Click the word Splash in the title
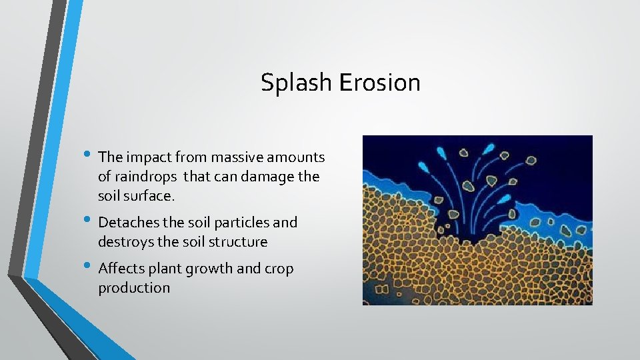point(296,83)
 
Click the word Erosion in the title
point(379,83)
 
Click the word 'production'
point(134,288)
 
